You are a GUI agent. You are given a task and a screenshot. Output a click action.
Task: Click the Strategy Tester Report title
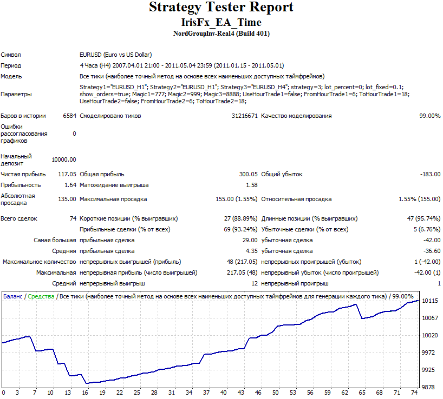coord(221,7)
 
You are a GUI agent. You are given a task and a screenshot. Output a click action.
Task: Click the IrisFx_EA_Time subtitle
coord(221,22)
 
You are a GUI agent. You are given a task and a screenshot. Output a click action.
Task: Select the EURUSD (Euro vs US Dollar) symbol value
coord(115,55)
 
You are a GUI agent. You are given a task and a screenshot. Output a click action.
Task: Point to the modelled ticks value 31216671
coord(244,116)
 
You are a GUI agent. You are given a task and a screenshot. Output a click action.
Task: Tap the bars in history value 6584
coord(69,116)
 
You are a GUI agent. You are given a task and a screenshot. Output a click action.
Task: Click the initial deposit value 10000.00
coord(64,159)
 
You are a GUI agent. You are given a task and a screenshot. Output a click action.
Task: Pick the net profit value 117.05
coord(67,174)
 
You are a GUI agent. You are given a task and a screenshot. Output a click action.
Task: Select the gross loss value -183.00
coord(431,174)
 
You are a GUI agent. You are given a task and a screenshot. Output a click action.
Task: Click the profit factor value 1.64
coord(70,185)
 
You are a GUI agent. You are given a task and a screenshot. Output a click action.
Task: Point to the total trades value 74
coord(73,218)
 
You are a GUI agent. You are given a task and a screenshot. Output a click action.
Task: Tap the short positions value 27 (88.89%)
coord(240,218)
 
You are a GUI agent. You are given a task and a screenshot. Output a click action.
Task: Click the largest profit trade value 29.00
coord(250,240)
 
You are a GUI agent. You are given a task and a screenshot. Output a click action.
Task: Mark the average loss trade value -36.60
coord(432,251)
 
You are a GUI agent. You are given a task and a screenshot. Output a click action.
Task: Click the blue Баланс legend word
coord(12,296)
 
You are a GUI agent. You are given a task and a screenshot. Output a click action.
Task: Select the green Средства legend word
coord(41,297)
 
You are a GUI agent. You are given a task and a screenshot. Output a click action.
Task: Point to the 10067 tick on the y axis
coord(430,318)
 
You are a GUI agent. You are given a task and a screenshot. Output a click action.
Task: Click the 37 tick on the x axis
coord(206,393)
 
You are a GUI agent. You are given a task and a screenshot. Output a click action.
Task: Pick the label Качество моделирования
coord(296,116)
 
